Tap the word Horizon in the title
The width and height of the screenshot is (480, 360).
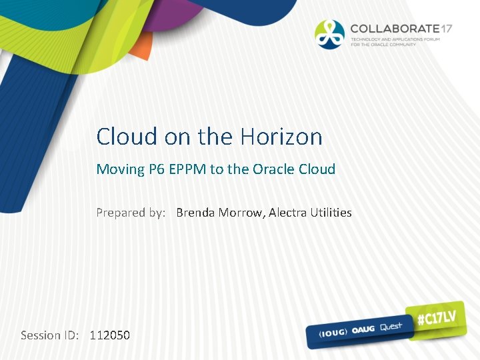pos(281,137)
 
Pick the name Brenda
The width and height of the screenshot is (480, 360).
pos(196,213)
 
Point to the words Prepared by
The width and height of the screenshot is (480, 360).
pos(131,213)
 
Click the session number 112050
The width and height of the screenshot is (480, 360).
pos(110,335)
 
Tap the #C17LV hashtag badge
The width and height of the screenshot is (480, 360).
pos(437,319)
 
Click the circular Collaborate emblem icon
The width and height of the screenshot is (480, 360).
pos(330,34)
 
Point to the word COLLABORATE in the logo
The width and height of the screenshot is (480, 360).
pos(395,29)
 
